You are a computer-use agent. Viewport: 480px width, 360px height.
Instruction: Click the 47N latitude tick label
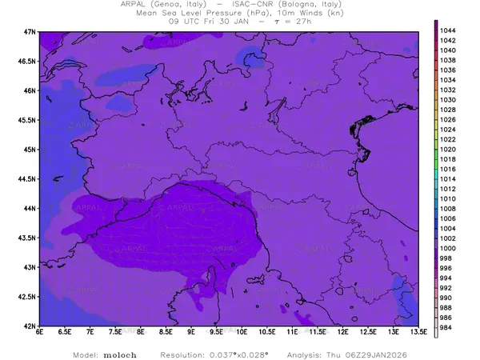[30, 31]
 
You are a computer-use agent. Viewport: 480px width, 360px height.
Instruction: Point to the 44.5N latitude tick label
[27, 178]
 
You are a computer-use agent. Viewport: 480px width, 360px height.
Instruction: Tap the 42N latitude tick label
[30, 326]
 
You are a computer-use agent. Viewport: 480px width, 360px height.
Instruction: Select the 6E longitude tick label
[39, 333]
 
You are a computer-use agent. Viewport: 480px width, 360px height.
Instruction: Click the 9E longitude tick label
[190, 333]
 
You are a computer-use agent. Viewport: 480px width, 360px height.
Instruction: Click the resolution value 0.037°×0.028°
[238, 353]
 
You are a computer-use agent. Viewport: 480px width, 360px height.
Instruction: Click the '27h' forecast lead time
[301, 22]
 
